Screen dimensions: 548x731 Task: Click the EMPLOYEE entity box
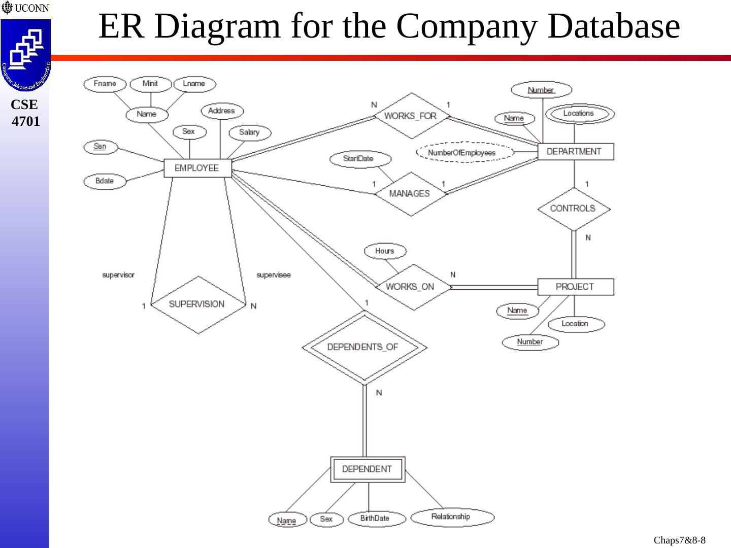pyautogui.click(x=197, y=168)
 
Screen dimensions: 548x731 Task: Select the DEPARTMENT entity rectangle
pyautogui.click(x=575, y=152)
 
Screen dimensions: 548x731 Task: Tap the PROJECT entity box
pyautogui.click(x=575, y=287)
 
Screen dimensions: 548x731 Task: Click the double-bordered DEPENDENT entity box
pyautogui.click(x=368, y=469)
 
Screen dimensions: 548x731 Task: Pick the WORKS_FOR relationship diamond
pyautogui.click(x=411, y=116)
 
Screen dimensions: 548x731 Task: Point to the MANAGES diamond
pyautogui.click(x=410, y=193)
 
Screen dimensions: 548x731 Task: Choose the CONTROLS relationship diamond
pyautogui.click(x=573, y=209)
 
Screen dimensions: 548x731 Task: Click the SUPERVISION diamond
pyautogui.click(x=197, y=304)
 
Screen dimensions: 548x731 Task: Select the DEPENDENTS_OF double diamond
pyautogui.click(x=363, y=347)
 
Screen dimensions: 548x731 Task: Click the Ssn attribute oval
pyautogui.click(x=101, y=147)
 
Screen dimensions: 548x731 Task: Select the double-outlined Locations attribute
pyautogui.click(x=579, y=114)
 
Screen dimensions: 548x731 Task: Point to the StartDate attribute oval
pyautogui.click(x=359, y=159)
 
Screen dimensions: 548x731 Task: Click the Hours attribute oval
pyautogui.click(x=385, y=251)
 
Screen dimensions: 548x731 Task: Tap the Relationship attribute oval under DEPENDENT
pyautogui.click(x=451, y=517)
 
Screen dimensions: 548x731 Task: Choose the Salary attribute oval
pyautogui.click(x=249, y=132)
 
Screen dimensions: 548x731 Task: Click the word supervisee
pyautogui.click(x=274, y=275)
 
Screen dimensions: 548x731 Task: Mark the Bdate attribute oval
pyautogui.click(x=105, y=181)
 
